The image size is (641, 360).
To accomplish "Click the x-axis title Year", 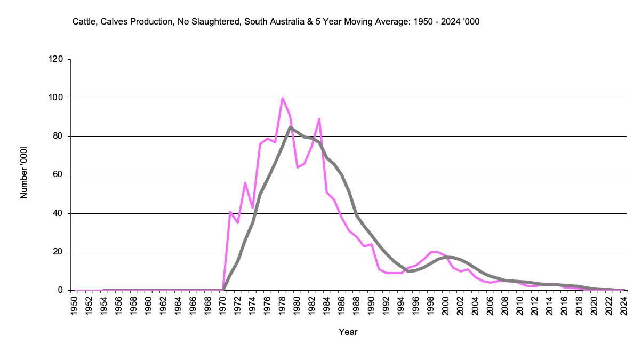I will [x=348, y=332].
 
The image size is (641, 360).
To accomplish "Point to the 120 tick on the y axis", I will [x=57, y=59].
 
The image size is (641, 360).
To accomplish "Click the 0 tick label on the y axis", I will [x=61, y=290].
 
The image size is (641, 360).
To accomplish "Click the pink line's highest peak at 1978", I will [x=282, y=98].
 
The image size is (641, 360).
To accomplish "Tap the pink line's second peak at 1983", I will [x=319, y=119].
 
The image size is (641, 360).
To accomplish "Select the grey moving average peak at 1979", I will [x=290, y=127].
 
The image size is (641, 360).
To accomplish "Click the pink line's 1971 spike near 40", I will [x=230, y=212].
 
